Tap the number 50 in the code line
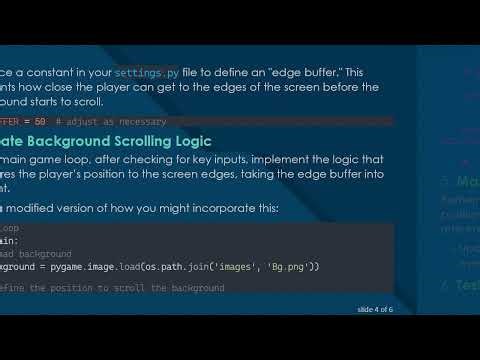pos(38,118)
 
